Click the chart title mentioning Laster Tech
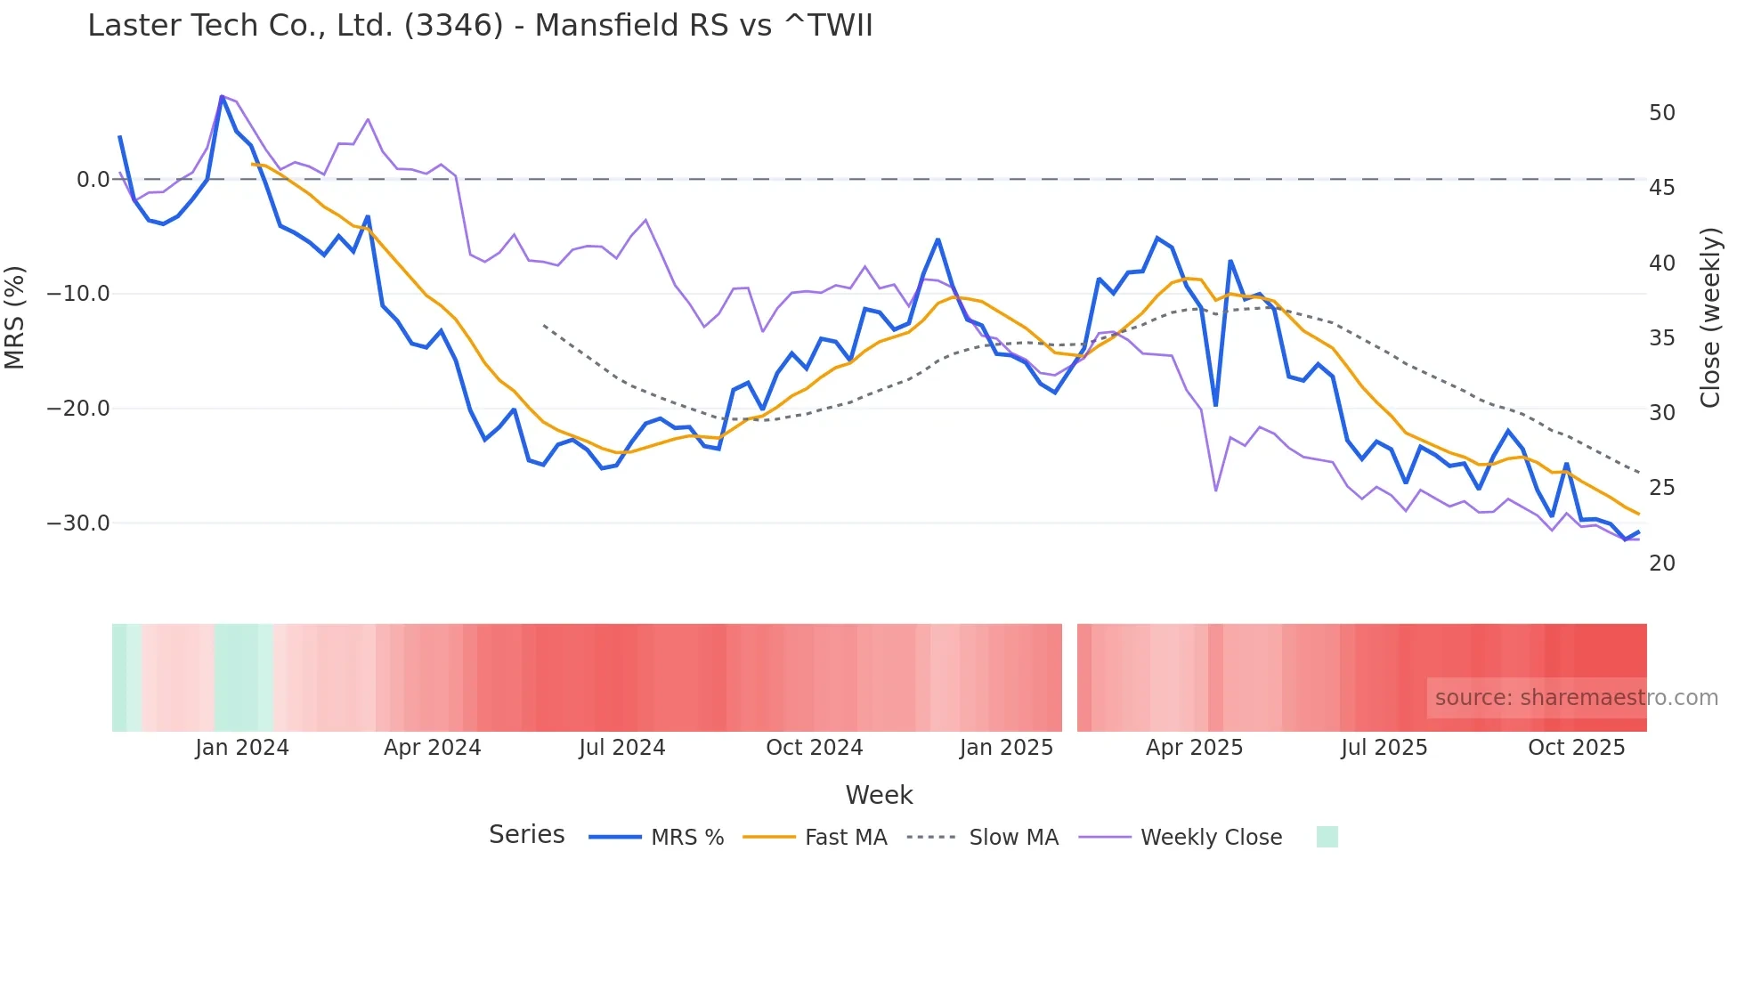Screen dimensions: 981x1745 (x=480, y=26)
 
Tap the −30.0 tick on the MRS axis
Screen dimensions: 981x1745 (x=78, y=523)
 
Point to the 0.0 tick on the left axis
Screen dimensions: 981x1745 (x=93, y=180)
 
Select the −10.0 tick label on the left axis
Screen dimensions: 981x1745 (x=78, y=294)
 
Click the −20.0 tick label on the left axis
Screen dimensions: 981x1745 (x=78, y=409)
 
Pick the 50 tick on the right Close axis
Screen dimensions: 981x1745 (x=1661, y=113)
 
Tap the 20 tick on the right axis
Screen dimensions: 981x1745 (x=1661, y=563)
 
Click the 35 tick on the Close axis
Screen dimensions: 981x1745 (x=1661, y=338)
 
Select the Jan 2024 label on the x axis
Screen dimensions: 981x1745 (x=242, y=748)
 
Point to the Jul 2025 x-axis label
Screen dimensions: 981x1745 (x=1384, y=748)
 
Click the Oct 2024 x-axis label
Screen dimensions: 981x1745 (x=814, y=748)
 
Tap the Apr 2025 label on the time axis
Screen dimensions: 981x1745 (x=1194, y=748)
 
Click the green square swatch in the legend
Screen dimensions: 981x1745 (x=1327, y=837)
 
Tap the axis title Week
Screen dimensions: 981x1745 (x=879, y=795)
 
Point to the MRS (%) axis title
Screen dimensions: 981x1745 (x=15, y=317)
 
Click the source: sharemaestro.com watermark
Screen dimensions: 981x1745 (x=1576, y=698)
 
